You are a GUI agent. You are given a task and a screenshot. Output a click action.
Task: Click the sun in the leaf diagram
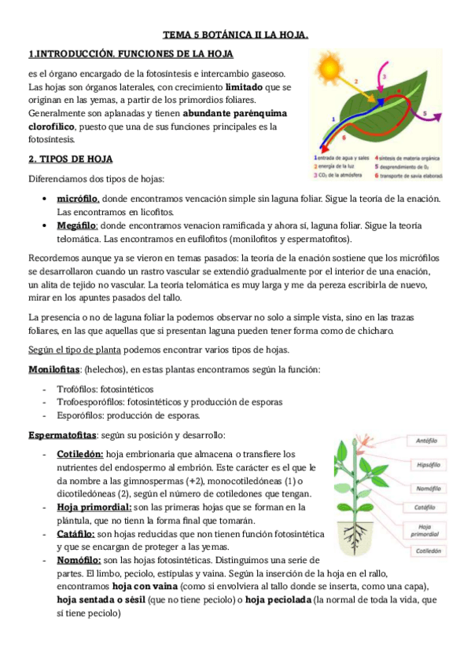click(x=328, y=66)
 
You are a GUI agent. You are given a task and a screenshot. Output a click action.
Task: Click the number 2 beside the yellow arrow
click(x=356, y=80)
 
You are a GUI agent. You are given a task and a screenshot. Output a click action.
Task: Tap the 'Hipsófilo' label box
click(x=429, y=467)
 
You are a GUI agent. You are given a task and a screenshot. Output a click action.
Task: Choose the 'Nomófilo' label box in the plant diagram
click(x=429, y=489)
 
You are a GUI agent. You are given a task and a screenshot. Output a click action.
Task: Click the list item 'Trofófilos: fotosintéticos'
click(x=105, y=389)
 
